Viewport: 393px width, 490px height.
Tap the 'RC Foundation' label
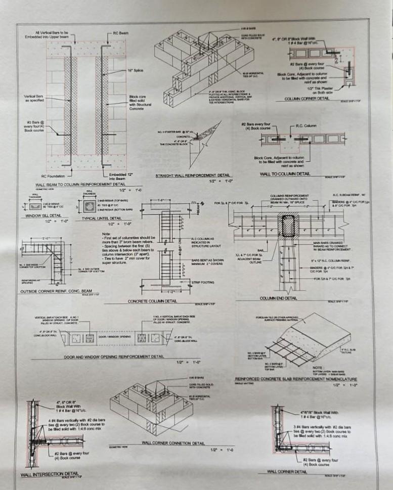[51, 176]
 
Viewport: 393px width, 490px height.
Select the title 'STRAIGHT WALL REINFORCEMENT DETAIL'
[192, 175]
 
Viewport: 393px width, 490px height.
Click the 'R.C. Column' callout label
[310, 125]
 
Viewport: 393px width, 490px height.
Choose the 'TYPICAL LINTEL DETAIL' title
[102, 218]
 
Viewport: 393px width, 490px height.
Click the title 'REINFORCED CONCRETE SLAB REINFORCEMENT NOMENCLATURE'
[296, 379]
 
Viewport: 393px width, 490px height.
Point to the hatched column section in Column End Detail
[288, 227]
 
